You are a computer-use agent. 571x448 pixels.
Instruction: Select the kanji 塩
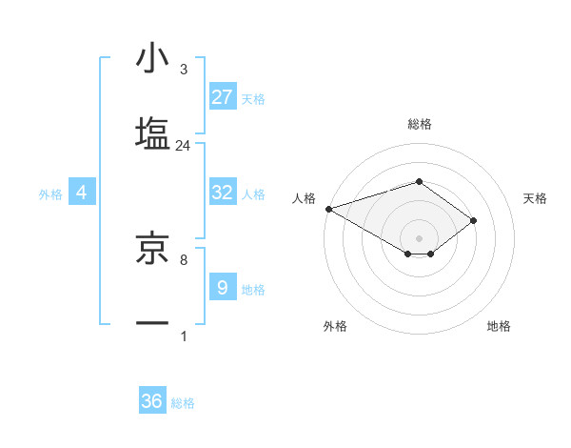click(x=152, y=132)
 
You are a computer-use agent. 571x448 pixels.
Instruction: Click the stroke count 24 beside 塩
click(x=184, y=146)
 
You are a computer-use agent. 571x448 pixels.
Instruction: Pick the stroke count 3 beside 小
click(x=184, y=70)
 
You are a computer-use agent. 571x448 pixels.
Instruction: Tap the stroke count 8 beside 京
click(x=184, y=259)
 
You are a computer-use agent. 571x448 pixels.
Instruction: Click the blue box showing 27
click(x=222, y=97)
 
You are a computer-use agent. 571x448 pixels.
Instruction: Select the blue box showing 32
click(x=222, y=193)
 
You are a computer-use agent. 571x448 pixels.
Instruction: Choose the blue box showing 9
click(x=222, y=288)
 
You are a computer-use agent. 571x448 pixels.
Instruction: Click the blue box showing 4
click(x=82, y=193)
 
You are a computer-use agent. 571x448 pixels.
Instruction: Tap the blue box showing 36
click(x=151, y=402)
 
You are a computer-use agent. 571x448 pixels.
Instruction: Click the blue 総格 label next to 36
click(x=183, y=404)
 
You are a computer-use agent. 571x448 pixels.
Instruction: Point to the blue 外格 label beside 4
click(x=50, y=194)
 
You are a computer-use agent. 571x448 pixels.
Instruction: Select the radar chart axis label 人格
click(x=304, y=198)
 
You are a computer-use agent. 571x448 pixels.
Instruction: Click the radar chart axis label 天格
click(x=536, y=198)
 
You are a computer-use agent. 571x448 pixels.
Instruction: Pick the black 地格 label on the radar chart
click(x=499, y=326)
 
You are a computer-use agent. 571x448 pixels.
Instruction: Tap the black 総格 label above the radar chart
click(x=419, y=124)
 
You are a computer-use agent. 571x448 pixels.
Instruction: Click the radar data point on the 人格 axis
click(x=327, y=208)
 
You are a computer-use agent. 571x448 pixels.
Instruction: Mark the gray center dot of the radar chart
click(x=419, y=237)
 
